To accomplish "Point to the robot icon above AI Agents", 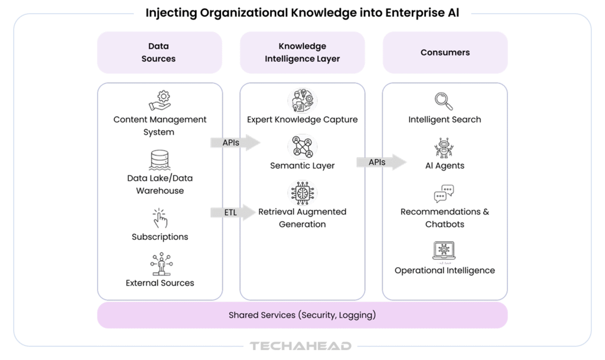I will pos(444,148).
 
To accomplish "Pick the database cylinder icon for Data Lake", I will pos(160,160).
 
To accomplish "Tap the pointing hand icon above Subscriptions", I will pos(160,218).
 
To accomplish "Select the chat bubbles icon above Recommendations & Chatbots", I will pos(444,193).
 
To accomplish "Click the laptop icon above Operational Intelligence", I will pos(444,251).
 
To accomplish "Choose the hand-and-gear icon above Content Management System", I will pos(160,100).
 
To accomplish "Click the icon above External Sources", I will pos(160,264).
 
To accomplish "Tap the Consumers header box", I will pos(445,53).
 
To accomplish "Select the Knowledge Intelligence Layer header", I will pos(302,53).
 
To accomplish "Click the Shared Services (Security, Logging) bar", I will pos(302,315).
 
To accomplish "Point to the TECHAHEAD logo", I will pos(301,346).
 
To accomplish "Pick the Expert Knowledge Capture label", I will pos(302,119).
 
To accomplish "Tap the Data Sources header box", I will pos(159,53).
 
